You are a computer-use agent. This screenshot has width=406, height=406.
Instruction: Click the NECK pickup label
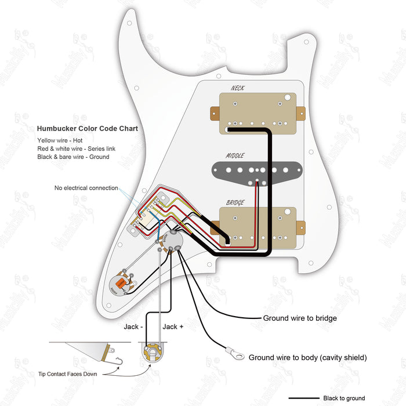(237, 88)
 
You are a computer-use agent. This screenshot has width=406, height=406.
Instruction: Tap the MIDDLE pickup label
(235, 155)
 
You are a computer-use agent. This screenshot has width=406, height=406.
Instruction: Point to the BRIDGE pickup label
(235, 202)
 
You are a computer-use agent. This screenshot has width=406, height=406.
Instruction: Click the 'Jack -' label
(133, 327)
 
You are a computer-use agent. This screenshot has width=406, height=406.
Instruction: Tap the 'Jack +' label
(173, 327)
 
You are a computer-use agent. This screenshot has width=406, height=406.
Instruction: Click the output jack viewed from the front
(153, 350)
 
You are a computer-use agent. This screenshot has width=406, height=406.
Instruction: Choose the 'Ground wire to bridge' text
(300, 318)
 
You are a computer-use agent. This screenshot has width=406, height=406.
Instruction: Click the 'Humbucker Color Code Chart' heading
(88, 129)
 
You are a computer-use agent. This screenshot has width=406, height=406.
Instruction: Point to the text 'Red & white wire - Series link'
(76, 149)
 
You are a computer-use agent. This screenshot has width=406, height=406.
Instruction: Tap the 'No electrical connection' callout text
(86, 188)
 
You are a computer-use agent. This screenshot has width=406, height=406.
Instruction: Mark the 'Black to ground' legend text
(344, 398)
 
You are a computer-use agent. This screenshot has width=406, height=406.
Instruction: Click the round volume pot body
(173, 241)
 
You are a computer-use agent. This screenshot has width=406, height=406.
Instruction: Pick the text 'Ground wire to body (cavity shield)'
(308, 357)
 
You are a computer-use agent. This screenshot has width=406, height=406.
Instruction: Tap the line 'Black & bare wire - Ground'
(73, 157)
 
